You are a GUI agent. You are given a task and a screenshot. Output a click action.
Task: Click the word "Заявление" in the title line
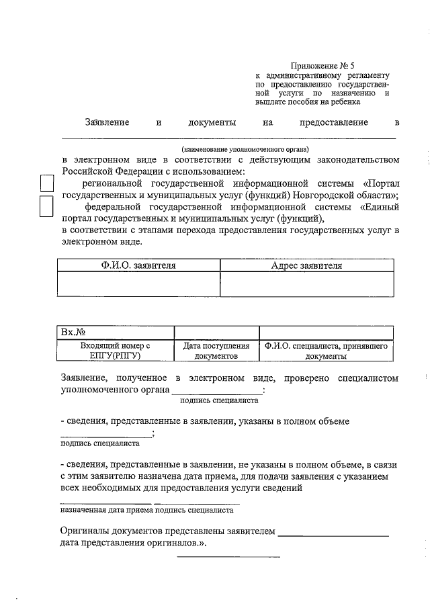[x=106, y=123]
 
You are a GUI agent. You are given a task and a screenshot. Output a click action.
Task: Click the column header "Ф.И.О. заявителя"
[x=138, y=265]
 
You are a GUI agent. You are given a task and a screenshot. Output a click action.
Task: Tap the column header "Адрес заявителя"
[x=306, y=265]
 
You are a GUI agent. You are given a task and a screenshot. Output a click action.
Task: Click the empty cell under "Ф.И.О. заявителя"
[x=138, y=283]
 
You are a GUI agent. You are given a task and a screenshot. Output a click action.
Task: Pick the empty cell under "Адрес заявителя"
[x=306, y=283]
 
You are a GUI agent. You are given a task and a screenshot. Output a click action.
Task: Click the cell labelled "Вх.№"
[x=116, y=332]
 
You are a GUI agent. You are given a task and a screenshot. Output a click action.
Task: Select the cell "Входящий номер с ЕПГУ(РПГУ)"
[x=116, y=350]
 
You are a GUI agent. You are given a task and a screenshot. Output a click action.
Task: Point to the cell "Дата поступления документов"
[x=216, y=350]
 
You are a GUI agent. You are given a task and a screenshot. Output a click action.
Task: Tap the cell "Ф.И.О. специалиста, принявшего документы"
[x=325, y=350]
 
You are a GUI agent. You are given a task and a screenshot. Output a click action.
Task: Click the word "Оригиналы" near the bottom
[x=85, y=531]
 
